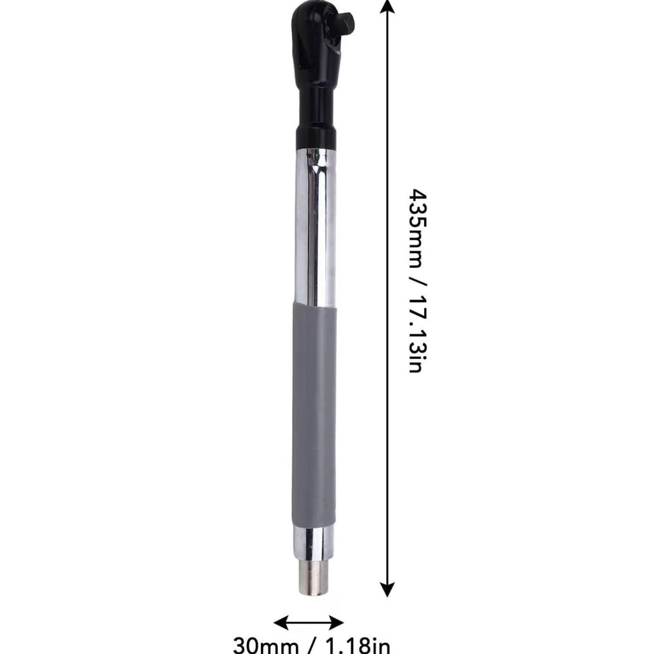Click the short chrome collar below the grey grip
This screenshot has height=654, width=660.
point(315,543)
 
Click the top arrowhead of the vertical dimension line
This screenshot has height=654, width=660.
point(387,6)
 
